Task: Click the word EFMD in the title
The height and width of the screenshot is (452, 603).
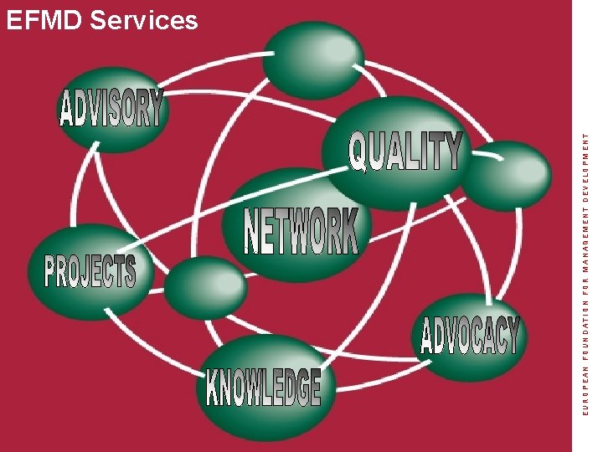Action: pyautogui.click(x=43, y=20)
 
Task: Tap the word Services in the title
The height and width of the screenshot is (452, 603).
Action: pyautogui.click(x=143, y=20)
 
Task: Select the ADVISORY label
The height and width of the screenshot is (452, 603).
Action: pyautogui.click(x=111, y=110)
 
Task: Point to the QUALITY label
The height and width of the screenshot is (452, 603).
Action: pyautogui.click(x=405, y=152)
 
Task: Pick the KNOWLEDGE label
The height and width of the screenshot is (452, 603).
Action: pyautogui.click(x=264, y=388)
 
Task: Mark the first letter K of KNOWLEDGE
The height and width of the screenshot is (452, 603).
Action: pyautogui.click(x=214, y=387)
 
